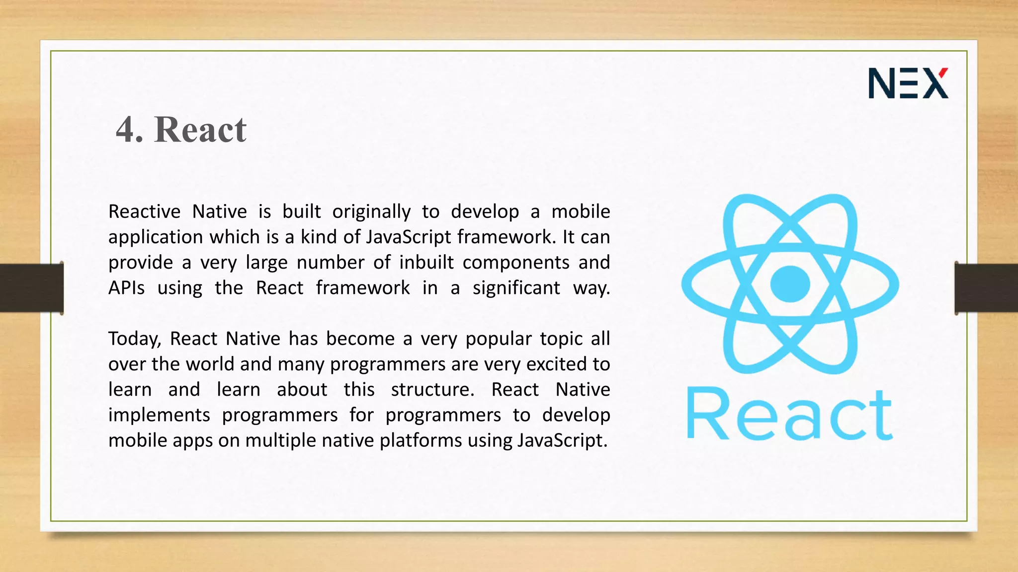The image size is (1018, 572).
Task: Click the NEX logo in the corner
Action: (908, 83)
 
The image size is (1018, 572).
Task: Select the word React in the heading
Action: (200, 130)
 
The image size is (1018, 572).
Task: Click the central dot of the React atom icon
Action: (790, 284)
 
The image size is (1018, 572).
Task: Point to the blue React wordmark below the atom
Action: (790, 414)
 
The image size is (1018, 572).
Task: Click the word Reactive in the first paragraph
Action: (144, 212)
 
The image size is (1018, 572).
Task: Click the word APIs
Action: (126, 288)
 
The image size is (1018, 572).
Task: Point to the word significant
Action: (516, 288)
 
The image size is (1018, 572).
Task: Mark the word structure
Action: (432, 390)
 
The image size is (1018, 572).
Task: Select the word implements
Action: (159, 415)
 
